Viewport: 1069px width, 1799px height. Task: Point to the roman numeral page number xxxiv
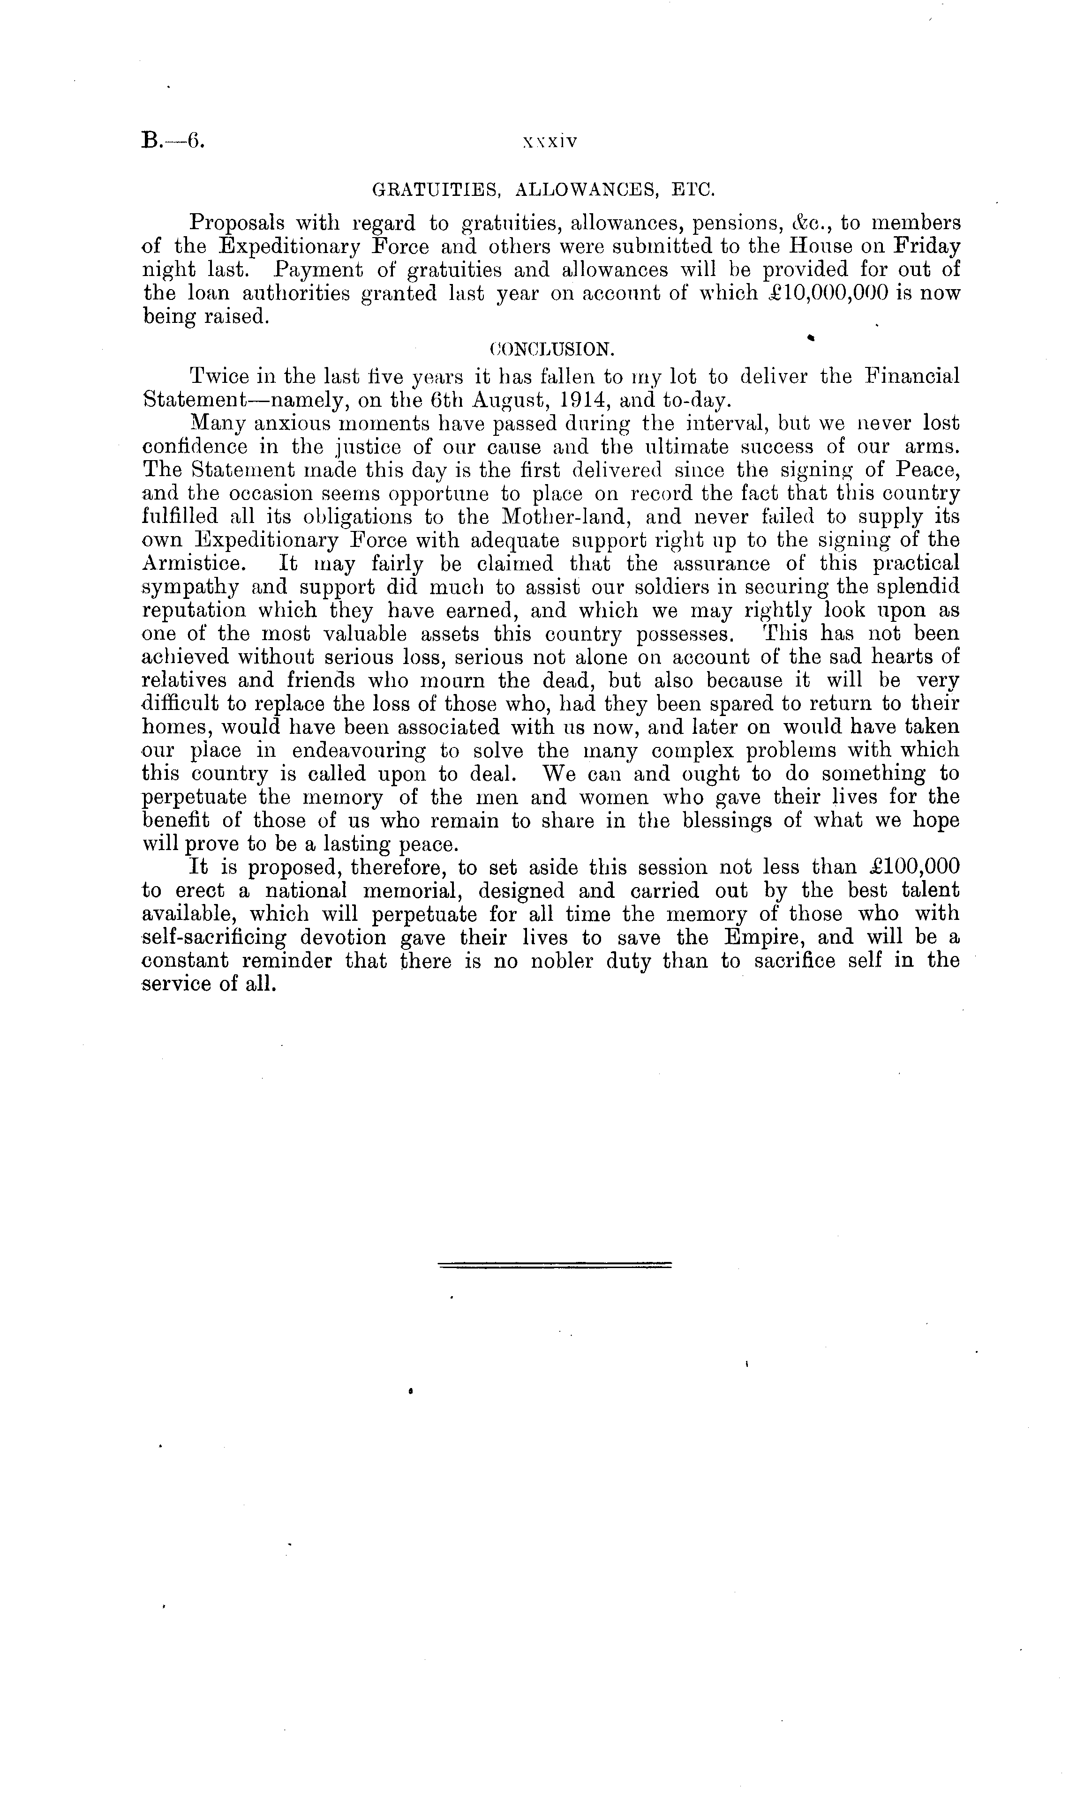[x=551, y=142]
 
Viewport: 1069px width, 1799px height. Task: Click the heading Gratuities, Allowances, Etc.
[x=543, y=191]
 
